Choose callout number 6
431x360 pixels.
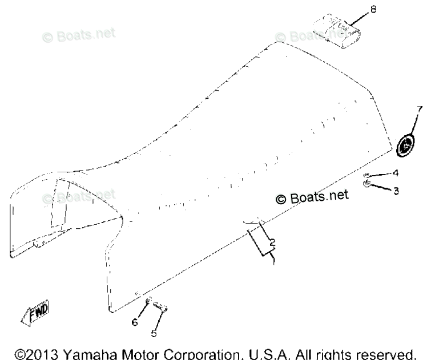click(x=135, y=322)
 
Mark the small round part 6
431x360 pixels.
click(x=147, y=301)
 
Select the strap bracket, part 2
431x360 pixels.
click(x=260, y=238)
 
